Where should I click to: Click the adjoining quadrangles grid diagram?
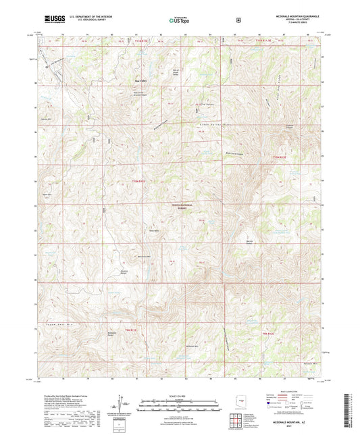pyautogui.click(x=240, y=420)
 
